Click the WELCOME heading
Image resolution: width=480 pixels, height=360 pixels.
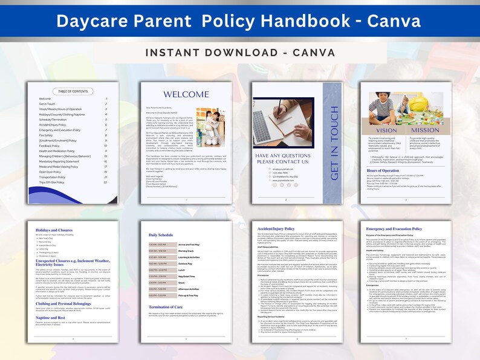[x=187, y=95]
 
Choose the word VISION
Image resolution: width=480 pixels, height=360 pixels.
[x=386, y=130]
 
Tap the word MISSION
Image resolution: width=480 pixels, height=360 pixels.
[x=425, y=130]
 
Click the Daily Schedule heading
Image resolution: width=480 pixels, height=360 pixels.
[x=161, y=234]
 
